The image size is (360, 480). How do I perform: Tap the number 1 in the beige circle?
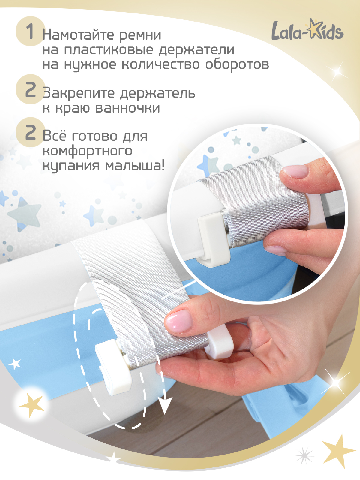[30, 31]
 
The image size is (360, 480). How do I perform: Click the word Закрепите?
[79, 94]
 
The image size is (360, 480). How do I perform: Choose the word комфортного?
[87, 151]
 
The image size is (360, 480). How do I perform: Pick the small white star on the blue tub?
[15, 364]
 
